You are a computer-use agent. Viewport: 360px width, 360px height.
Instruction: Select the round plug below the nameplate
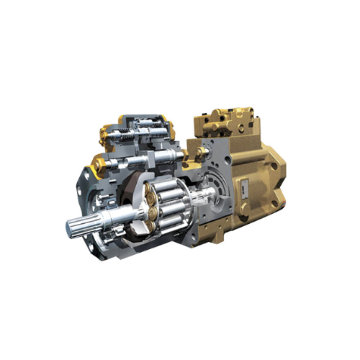click(246, 209)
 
